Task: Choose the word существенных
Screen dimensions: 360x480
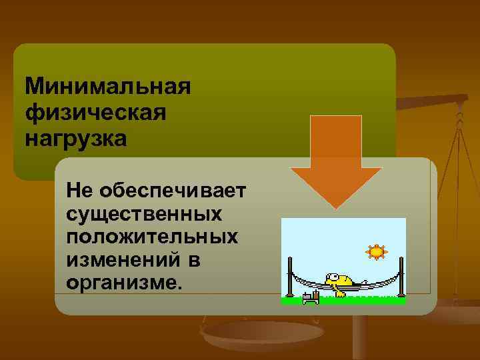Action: pyautogui.click(x=145, y=214)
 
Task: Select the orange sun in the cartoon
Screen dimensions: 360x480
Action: pyautogui.click(x=377, y=252)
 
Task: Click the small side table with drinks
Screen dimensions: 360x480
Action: pyautogui.click(x=309, y=295)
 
